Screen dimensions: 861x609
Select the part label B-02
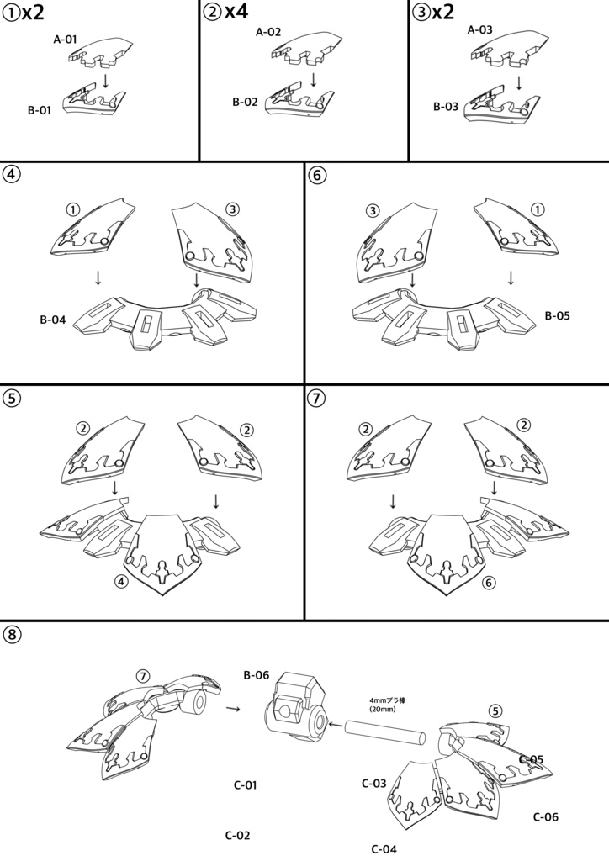tap(246, 102)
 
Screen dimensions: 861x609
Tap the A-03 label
tap(479, 29)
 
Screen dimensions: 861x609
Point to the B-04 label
tap(54, 320)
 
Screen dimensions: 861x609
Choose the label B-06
tap(257, 674)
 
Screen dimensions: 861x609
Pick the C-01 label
tap(245, 785)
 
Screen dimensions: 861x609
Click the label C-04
tap(383, 848)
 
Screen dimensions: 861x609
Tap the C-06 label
tap(546, 816)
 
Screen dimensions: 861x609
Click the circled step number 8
tap(13, 635)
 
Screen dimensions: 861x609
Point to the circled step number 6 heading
tap(317, 176)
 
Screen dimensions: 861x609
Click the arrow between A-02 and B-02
tap(313, 79)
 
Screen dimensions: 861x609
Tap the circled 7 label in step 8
tap(143, 675)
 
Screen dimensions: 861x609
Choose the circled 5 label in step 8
tap(496, 710)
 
